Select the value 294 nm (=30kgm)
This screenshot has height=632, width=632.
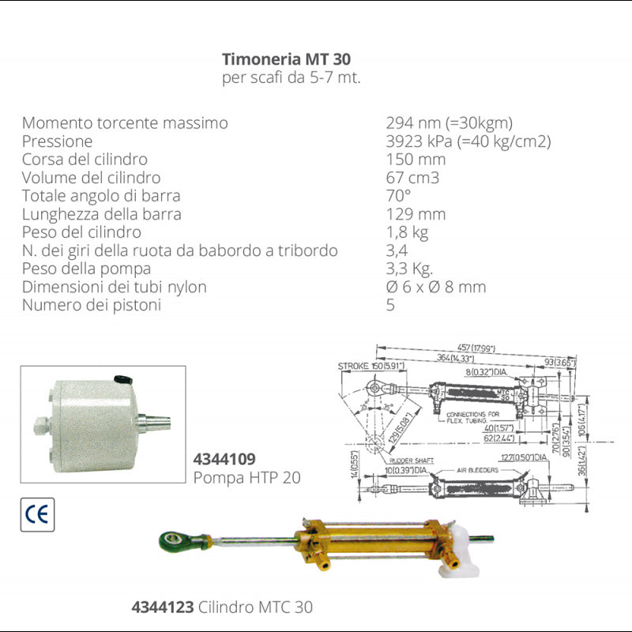click(x=449, y=123)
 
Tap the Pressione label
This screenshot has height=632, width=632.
click(x=57, y=141)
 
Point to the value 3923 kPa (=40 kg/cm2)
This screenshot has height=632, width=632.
click(x=468, y=141)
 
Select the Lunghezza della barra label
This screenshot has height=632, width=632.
click(x=102, y=214)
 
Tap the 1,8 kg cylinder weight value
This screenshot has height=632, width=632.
click(x=407, y=232)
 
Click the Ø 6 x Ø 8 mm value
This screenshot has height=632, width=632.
click(x=435, y=287)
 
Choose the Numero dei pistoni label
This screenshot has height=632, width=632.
click(x=92, y=305)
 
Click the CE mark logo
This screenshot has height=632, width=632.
click(x=37, y=514)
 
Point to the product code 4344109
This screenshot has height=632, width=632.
click(x=225, y=459)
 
